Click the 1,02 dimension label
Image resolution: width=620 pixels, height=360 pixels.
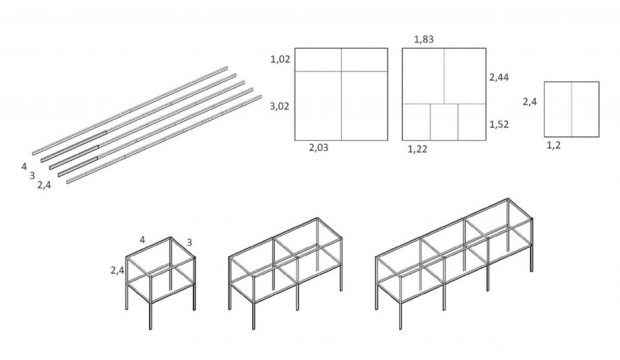click(280, 59)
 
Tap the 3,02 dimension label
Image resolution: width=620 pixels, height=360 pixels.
click(280, 106)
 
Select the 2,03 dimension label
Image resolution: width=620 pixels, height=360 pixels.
click(319, 148)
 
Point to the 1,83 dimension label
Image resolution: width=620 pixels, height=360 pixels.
click(424, 39)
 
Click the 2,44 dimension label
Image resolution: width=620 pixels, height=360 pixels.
click(499, 77)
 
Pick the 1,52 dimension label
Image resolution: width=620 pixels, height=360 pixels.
click(499, 125)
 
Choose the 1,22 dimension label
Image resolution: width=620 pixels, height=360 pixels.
click(418, 149)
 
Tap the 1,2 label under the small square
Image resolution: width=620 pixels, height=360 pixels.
click(554, 146)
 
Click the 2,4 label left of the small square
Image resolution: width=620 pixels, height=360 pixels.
click(530, 102)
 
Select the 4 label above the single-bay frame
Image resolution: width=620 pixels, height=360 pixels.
click(142, 240)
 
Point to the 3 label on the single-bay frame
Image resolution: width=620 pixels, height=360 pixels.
click(189, 243)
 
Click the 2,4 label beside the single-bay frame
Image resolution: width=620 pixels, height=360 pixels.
click(117, 271)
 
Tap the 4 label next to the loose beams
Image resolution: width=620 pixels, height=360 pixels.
click(24, 167)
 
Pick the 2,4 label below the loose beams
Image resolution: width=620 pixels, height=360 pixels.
click(44, 185)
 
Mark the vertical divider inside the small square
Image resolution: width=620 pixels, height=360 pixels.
click(571, 109)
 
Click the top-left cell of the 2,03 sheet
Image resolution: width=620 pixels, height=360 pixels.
click(318, 60)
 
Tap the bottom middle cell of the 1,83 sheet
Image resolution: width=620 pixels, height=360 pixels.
click(444, 122)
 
